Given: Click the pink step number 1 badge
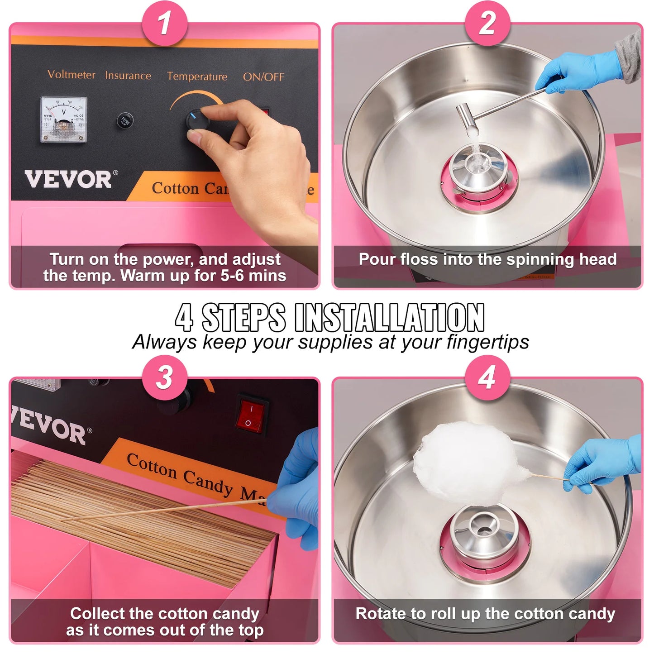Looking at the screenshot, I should [164, 23].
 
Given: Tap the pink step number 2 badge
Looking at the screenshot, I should [487, 23].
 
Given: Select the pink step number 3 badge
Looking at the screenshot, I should [164, 377].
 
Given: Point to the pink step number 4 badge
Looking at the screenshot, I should [487, 377].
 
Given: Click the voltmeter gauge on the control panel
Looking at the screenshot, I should [63, 119].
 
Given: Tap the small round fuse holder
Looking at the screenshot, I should [125, 120].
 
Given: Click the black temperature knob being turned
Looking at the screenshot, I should [197, 120].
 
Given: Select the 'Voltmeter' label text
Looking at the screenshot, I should [72, 75].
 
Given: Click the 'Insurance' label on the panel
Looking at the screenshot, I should [128, 76].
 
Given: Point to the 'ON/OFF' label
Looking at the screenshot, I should [263, 77].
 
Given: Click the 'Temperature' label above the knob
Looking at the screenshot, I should [197, 76].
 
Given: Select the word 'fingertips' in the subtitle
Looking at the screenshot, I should [487, 342].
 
